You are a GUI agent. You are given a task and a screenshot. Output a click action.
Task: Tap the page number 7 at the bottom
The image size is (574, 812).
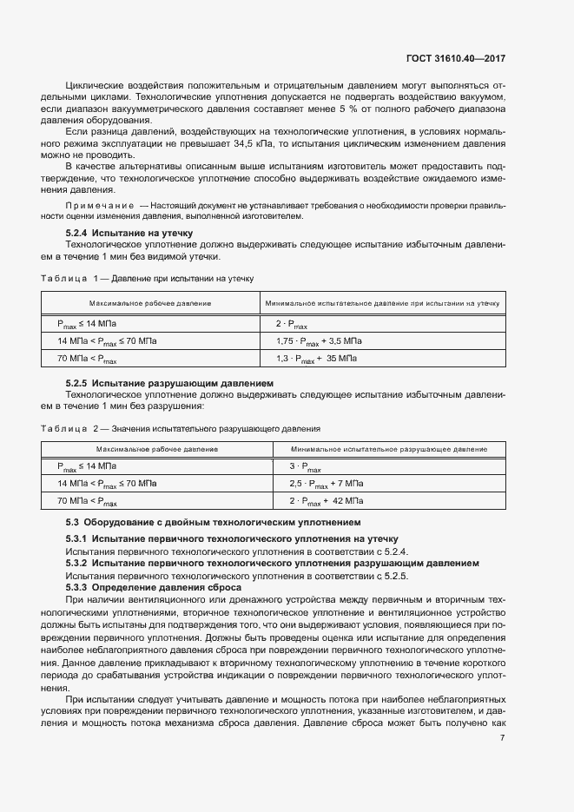[x=503, y=738]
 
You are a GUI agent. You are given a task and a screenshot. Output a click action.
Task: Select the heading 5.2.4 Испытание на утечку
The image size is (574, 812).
[x=129, y=233]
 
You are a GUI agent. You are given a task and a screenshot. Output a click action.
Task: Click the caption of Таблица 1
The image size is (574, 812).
[x=147, y=278]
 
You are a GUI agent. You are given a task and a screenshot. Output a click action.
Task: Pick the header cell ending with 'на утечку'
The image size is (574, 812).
[x=382, y=303]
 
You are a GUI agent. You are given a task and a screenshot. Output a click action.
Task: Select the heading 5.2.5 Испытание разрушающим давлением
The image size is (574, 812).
[x=170, y=383]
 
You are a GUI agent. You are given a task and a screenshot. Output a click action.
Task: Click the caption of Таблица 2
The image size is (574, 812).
[x=181, y=428]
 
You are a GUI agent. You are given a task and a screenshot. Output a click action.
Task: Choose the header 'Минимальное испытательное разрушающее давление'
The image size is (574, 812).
[x=388, y=449]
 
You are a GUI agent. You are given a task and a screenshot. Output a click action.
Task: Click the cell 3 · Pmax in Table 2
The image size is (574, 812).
[x=305, y=466]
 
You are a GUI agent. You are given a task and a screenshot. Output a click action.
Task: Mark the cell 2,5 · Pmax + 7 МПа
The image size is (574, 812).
[x=326, y=483]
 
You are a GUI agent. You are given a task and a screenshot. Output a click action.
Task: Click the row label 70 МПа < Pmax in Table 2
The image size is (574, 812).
[x=87, y=501]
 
